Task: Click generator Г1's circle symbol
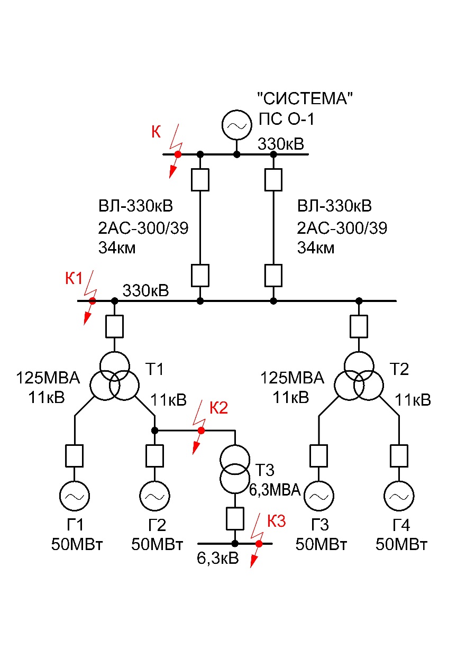(x=75, y=495)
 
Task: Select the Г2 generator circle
(x=154, y=495)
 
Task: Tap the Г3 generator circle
(x=318, y=495)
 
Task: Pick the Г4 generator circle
(x=399, y=495)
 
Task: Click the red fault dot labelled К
(x=178, y=154)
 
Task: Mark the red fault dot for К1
(x=92, y=301)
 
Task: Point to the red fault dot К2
(x=201, y=431)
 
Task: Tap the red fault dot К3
(x=259, y=543)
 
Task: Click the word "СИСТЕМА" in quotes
(x=305, y=98)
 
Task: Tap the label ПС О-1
(x=286, y=120)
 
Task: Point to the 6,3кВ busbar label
(x=217, y=558)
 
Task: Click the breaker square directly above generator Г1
(x=75, y=455)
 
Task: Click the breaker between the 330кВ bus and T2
(x=359, y=326)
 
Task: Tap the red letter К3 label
(x=276, y=521)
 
